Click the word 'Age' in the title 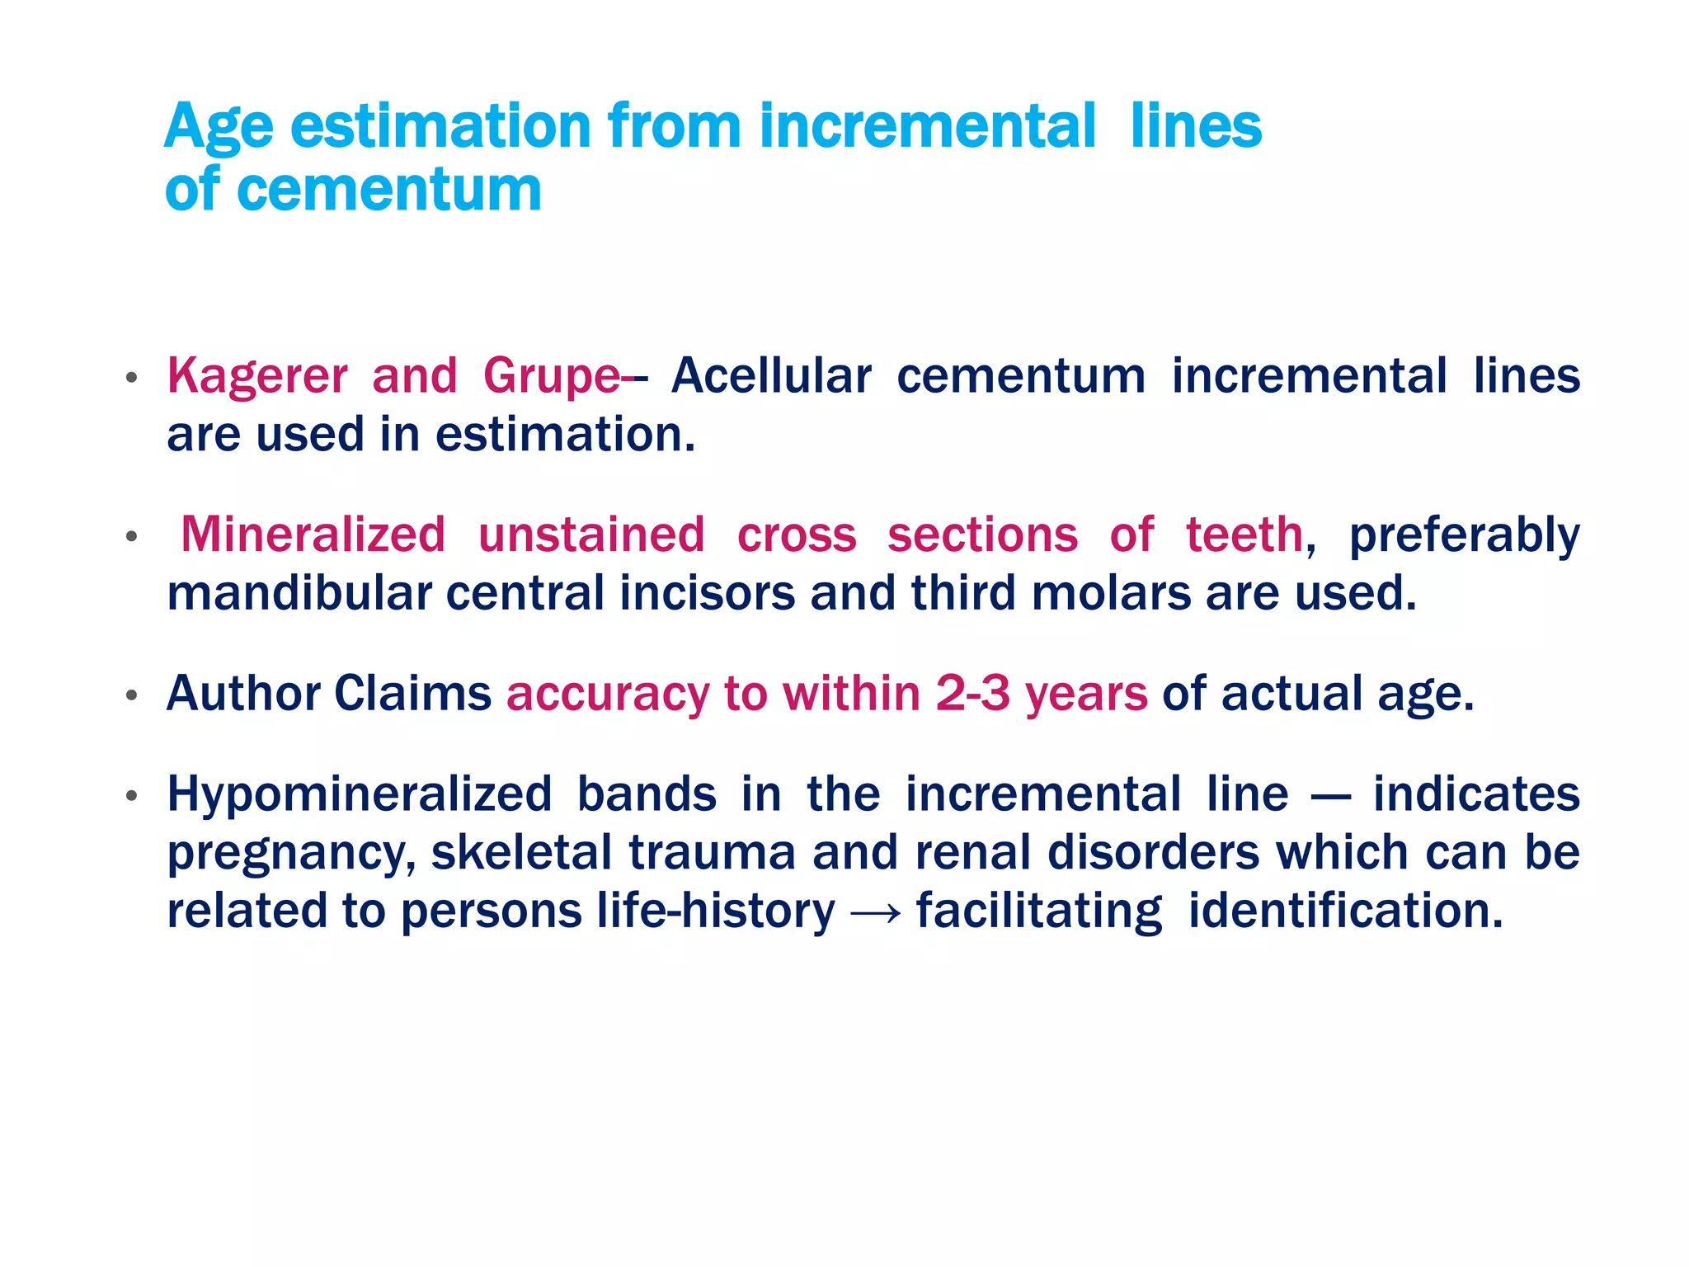(x=219, y=128)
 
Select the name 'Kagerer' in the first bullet (x=257, y=377)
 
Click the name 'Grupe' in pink (x=551, y=377)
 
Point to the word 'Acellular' (x=771, y=377)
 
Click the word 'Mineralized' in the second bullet (x=313, y=535)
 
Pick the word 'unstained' (x=591, y=535)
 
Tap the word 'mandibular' (x=299, y=594)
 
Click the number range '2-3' (x=972, y=694)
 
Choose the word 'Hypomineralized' (x=360, y=794)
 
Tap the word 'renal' (x=973, y=853)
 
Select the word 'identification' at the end (x=1345, y=911)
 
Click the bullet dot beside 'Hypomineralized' (x=131, y=797)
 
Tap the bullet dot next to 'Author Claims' (x=131, y=696)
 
